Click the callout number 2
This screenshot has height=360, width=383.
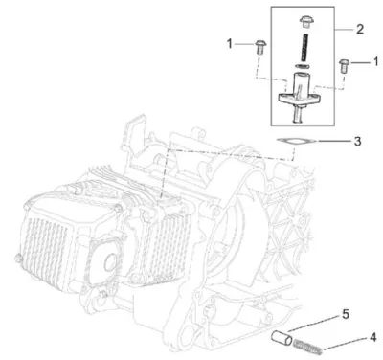[x=360, y=30]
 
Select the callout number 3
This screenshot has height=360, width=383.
[x=357, y=141]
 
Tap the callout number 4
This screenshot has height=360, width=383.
[x=372, y=337]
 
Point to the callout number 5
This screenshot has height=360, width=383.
[x=346, y=314]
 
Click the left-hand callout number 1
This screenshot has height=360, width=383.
[x=230, y=44]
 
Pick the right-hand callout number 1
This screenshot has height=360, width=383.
[x=375, y=61]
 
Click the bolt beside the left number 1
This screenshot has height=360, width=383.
[x=261, y=47]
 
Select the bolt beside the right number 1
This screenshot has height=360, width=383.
[x=345, y=65]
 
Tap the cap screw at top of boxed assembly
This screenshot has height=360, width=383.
[x=306, y=22]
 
